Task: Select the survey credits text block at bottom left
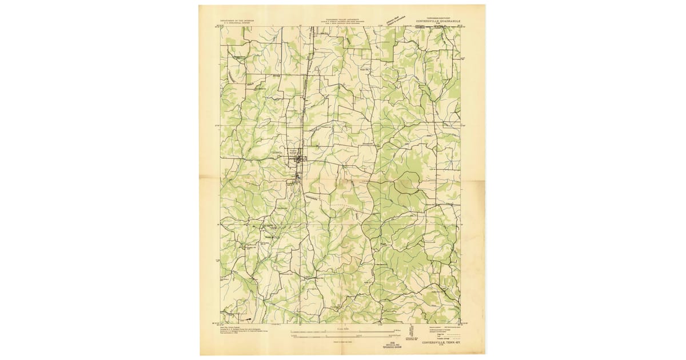point(234,332)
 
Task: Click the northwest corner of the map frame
point(220,26)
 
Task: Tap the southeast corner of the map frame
point(460,324)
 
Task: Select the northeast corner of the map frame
point(460,26)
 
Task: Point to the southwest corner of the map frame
point(220,324)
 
